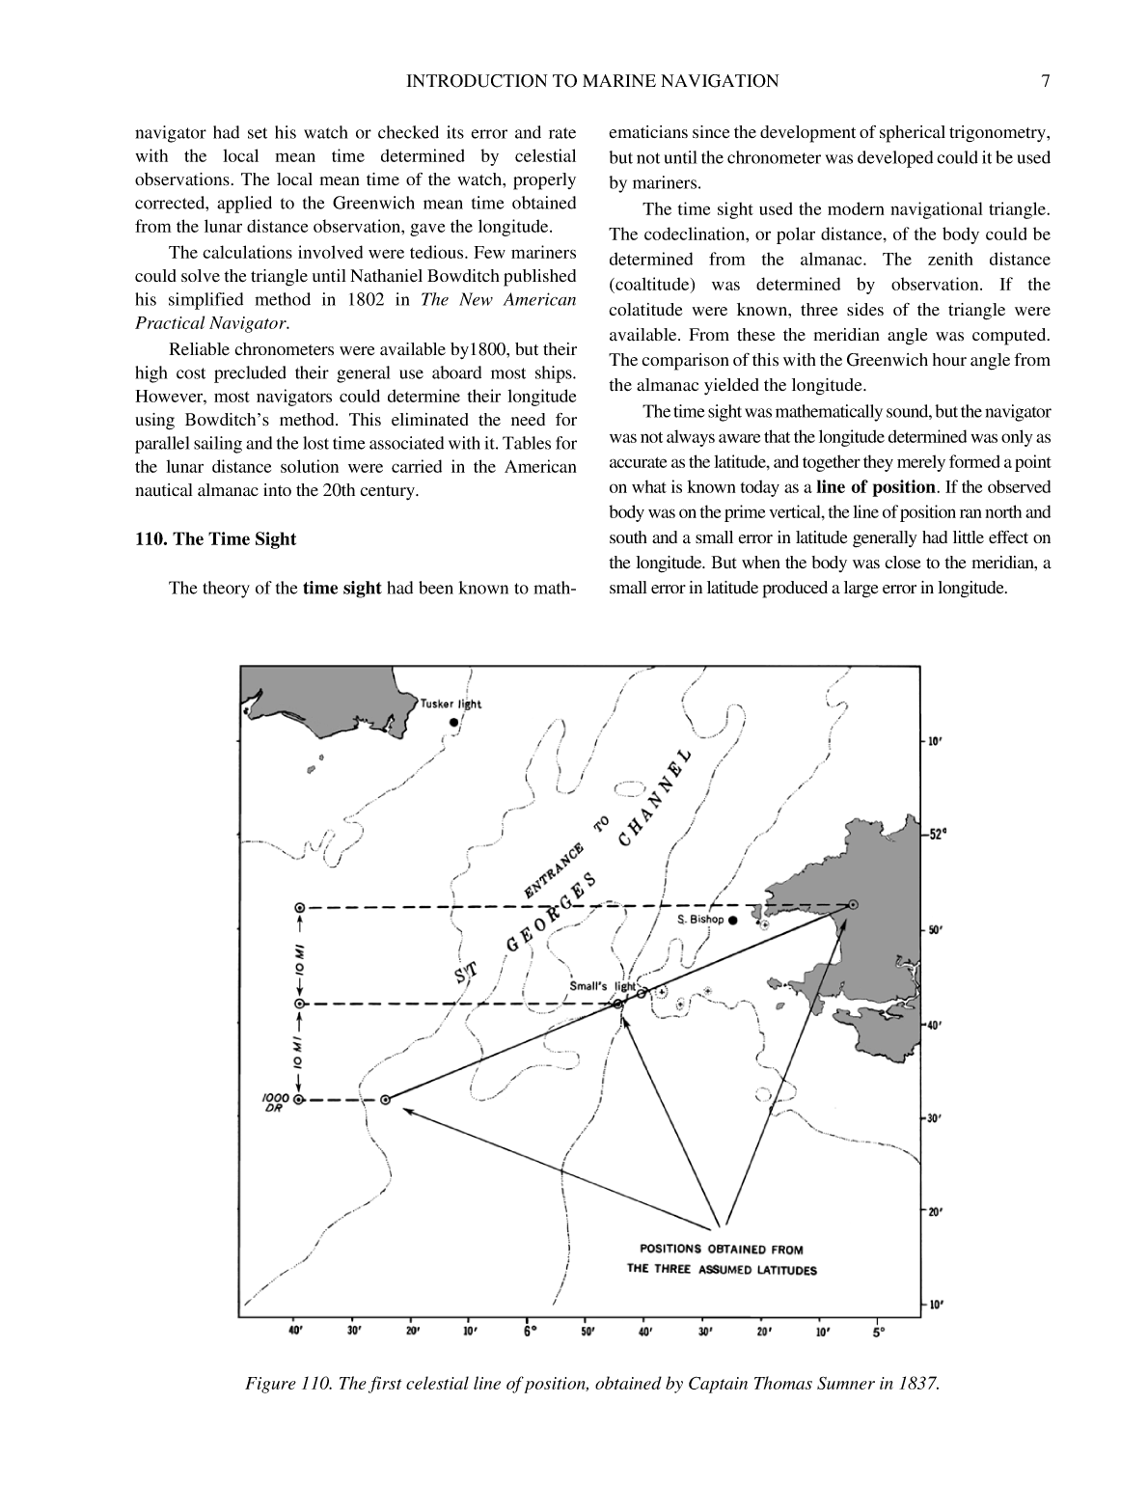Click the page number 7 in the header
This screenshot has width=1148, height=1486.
[x=1045, y=81]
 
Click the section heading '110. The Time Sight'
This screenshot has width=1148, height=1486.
[x=215, y=539]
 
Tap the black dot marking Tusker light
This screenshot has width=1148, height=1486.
[x=452, y=722]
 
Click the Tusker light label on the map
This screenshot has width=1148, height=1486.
[x=451, y=703]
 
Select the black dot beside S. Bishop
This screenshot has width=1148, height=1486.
[x=733, y=921]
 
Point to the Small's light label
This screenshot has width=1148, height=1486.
[x=602, y=986]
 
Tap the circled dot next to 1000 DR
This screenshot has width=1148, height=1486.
[x=299, y=1099]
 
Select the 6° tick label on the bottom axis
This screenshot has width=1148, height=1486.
[x=530, y=1333]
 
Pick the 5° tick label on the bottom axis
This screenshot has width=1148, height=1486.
[x=879, y=1333]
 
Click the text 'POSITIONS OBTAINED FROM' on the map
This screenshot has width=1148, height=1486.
[x=722, y=1250]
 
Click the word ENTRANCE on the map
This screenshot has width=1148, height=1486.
[x=554, y=870]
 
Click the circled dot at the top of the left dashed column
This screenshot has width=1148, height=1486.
[x=299, y=908]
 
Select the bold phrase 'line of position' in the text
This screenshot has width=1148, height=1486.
[x=876, y=487]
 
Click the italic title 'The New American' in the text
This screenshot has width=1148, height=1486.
[x=499, y=299]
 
